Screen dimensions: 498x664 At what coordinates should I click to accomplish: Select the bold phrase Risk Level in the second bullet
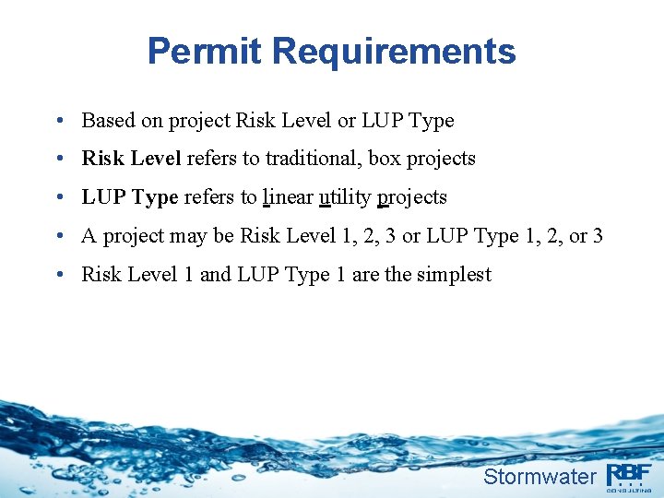click(131, 159)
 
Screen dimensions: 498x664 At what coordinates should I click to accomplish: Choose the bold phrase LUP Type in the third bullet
click(130, 197)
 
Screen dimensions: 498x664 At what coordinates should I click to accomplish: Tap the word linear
click(287, 197)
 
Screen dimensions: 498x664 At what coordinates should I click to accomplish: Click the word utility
click(345, 197)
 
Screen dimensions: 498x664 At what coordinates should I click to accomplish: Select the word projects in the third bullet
click(412, 198)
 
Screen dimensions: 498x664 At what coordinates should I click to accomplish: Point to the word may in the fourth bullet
click(190, 236)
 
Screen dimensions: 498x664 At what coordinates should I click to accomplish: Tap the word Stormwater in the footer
click(539, 476)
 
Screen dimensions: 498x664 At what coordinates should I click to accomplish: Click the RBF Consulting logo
click(630, 474)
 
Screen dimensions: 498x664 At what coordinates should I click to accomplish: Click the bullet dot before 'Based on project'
click(59, 121)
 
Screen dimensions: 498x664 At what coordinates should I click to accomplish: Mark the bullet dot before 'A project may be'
click(59, 236)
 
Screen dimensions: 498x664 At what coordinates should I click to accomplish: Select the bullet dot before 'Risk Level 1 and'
click(59, 275)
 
